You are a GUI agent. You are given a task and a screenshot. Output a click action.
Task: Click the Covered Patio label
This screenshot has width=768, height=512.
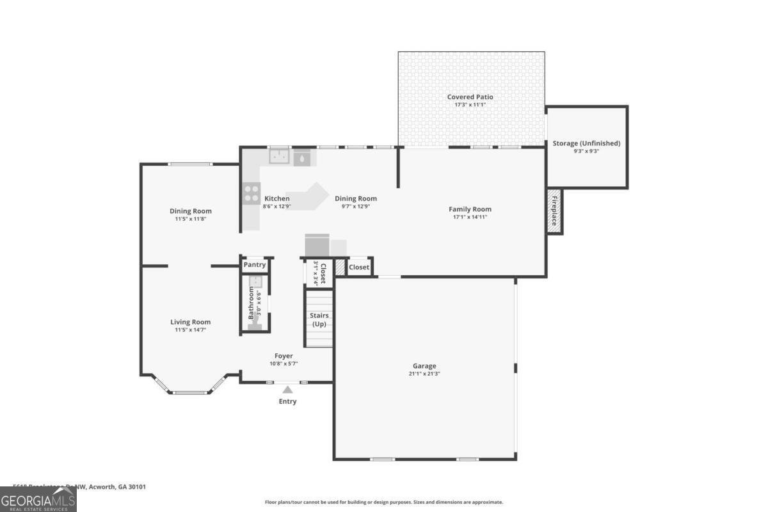pyautogui.click(x=470, y=97)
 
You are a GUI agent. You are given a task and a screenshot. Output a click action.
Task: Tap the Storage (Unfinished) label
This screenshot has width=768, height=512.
pyautogui.click(x=586, y=143)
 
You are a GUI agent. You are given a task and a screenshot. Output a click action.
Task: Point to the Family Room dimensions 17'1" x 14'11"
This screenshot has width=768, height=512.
pyautogui.click(x=470, y=217)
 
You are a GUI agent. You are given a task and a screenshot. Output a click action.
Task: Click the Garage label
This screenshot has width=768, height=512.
pyautogui.click(x=424, y=366)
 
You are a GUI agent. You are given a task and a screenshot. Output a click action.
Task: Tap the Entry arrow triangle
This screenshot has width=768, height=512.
pyautogui.click(x=287, y=389)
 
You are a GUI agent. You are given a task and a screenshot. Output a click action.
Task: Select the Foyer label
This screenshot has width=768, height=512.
pyautogui.click(x=284, y=356)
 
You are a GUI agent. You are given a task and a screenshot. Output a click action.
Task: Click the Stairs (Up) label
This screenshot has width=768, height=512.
pyautogui.click(x=318, y=320)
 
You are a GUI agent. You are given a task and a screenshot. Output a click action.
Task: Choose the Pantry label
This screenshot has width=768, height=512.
pyautogui.click(x=254, y=265)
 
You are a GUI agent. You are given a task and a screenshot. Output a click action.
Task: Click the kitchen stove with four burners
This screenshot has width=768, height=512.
pyautogui.click(x=251, y=194)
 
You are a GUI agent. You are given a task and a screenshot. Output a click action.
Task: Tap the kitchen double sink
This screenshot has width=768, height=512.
pyautogui.click(x=278, y=156)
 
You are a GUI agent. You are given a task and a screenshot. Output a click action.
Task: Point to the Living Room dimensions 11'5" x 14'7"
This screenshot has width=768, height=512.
pyautogui.click(x=190, y=330)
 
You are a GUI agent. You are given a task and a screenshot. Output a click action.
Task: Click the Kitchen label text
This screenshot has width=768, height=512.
pyautogui.click(x=276, y=198)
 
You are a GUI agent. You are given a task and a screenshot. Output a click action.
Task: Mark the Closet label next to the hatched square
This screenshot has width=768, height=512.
pyautogui.click(x=358, y=267)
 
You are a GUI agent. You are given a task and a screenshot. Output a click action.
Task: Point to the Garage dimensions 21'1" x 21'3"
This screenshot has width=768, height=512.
pyautogui.click(x=424, y=374)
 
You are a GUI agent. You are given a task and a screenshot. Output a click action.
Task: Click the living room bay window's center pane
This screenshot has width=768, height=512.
pyautogui.click(x=190, y=392)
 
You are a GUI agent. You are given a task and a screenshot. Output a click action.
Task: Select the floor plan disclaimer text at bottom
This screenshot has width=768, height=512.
pyautogui.click(x=384, y=502)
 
